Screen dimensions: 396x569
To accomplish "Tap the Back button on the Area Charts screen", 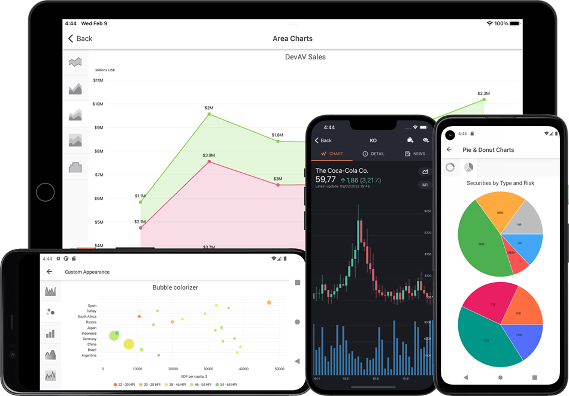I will pyautogui.click(x=80, y=38).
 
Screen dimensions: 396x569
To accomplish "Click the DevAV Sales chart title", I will pyautogui.click(x=305, y=57).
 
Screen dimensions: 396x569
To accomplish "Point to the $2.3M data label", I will pyautogui.click(x=483, y=93).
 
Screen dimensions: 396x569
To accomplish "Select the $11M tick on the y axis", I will pyautogui.click(x=98, y=80).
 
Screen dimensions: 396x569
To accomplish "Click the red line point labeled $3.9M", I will pyautogui.click(x=208, y=161).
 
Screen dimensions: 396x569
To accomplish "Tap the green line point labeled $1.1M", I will pyautogui.click(x=141, y=202).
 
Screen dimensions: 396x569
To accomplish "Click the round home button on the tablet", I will pyautogui.click(x=46, y=192).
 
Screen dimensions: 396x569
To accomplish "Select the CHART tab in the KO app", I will pyautogui.click(x=332, y=154).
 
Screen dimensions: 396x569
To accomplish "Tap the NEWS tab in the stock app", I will pyautogui.click(x=414, y=154).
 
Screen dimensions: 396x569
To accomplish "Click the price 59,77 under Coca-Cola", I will pyautogui.click(x=326, y=179).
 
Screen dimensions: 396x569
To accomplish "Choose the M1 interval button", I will pyautogui.click(x=425, y=185).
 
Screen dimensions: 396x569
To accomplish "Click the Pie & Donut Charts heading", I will pyautogui.click(x=488, y=149).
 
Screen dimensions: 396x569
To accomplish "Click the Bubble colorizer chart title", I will pyautogui.click(x=175, y=287).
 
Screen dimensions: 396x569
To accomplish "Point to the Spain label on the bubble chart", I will pyautogui.click(x=91, y=305).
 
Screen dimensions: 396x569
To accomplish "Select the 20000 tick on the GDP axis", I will pyautogui.click(x=172, y=369).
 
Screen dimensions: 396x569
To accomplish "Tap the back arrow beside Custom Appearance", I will pyautogui.click(x=49, y=272).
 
